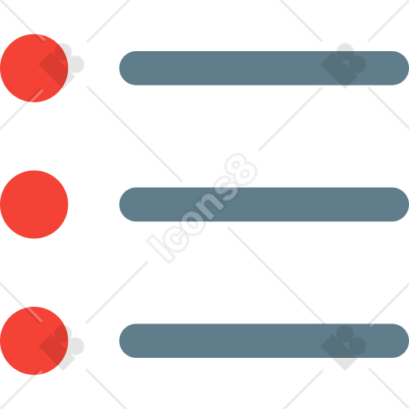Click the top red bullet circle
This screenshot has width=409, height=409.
point(34,68)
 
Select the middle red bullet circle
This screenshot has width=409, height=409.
point(34,204)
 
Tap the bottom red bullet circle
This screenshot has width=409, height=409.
point(34,341)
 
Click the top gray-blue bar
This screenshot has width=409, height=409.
point(264,68)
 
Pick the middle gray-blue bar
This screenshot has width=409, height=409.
point(264,204)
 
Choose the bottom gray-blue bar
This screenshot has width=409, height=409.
point(264,341)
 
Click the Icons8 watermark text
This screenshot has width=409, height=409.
point(202,208)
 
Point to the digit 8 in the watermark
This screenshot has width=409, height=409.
point(241,169)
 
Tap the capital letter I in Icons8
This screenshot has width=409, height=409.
point(161,248)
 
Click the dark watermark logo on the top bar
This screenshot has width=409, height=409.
point(343,66)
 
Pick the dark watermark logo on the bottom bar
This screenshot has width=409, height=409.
point(343,347)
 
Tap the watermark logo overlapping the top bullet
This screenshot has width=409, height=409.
point(62,66)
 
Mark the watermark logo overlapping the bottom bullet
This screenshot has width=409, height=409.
point(62,347)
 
